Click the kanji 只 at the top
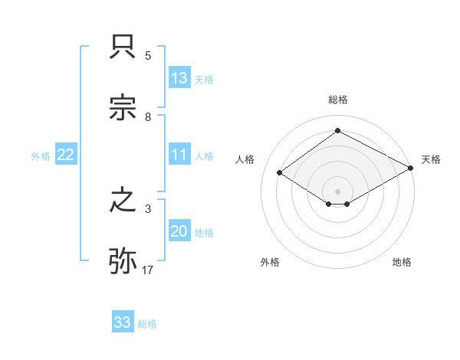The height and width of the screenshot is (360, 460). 123,48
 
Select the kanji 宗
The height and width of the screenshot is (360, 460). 123,109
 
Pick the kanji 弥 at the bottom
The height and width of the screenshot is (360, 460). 123,261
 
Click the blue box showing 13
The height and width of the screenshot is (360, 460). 179,78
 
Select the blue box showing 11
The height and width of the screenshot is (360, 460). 179,155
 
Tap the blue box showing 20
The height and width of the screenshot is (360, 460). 179,231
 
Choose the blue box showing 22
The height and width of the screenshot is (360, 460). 66,155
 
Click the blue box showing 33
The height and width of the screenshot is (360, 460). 123,322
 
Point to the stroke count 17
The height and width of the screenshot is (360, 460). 148,270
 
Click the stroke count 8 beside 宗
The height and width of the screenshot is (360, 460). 148,117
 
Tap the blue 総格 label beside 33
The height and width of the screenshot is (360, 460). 147,324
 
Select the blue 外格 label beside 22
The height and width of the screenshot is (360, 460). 41,155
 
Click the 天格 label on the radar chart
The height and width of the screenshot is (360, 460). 431,159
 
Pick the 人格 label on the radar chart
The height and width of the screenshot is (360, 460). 245,159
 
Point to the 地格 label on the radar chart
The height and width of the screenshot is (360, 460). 402,262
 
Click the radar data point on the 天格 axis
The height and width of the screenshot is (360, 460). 412,168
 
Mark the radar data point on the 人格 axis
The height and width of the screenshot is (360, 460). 280,173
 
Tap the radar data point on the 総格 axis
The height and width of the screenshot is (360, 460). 337,131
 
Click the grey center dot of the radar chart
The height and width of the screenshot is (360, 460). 337,191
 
